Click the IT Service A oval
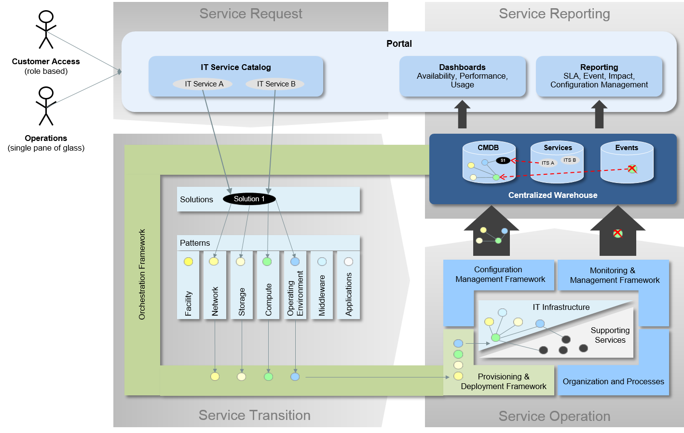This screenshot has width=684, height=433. [x=204, y=84]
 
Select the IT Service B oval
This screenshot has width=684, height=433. [x=276, y=84]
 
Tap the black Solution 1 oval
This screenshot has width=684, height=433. [x=249, y=199]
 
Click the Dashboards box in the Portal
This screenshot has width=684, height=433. [x=462, y=76]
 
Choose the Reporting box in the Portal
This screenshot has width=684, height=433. [x=599, y=76]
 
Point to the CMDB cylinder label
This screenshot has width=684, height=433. [x=488, y=148]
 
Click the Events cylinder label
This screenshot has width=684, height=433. [x=627, y=148]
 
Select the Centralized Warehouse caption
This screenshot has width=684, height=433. [x=553, y=195]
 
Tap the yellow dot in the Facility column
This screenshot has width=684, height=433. [x=188, y=262]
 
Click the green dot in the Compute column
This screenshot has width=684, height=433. [x=267, y=262]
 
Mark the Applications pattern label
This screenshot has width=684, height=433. [x=349, y=294]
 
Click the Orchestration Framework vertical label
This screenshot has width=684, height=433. [x=142, y=274]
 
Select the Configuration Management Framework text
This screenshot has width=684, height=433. [x=500, y=274]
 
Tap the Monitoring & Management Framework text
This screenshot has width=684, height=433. [x=614, y=275]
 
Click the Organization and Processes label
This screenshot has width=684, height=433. [x=613, y=381]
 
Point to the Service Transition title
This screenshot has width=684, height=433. [x=254, y=415]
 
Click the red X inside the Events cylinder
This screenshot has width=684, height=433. [x=632, y=169]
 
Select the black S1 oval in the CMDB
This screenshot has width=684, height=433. [x=503, y=160]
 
